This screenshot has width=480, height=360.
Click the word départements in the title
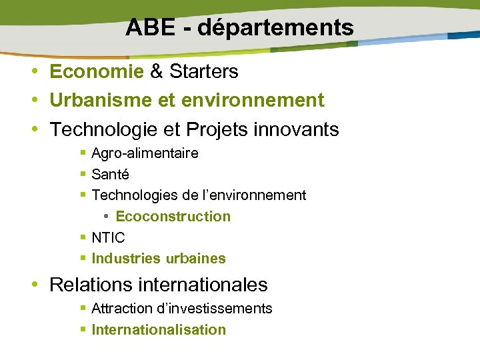coord(275,27)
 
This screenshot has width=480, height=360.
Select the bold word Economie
coord(97,71)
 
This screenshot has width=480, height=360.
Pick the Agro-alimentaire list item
coord(145,153)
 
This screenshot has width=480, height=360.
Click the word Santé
coord(110,175)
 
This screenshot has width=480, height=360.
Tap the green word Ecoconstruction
coord(173,217)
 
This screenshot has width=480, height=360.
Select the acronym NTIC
coord(108,238)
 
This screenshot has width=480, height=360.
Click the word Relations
coord(92,285)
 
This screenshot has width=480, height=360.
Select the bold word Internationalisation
coord(159,330)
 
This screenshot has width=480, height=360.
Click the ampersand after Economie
coord(157,71)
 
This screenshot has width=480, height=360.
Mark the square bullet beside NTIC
coord(83,238)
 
